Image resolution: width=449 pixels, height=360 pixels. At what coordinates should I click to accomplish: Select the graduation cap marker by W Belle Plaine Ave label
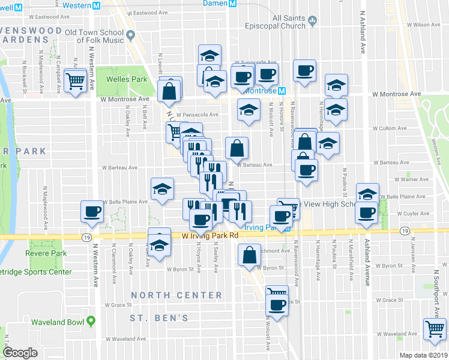pos(161,190)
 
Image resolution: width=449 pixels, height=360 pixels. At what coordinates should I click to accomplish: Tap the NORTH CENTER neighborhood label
pos(176,295)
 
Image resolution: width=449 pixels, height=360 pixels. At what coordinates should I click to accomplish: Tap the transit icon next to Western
pos(96,5)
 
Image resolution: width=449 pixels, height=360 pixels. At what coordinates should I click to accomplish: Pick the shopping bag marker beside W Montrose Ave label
pos(169,91)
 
